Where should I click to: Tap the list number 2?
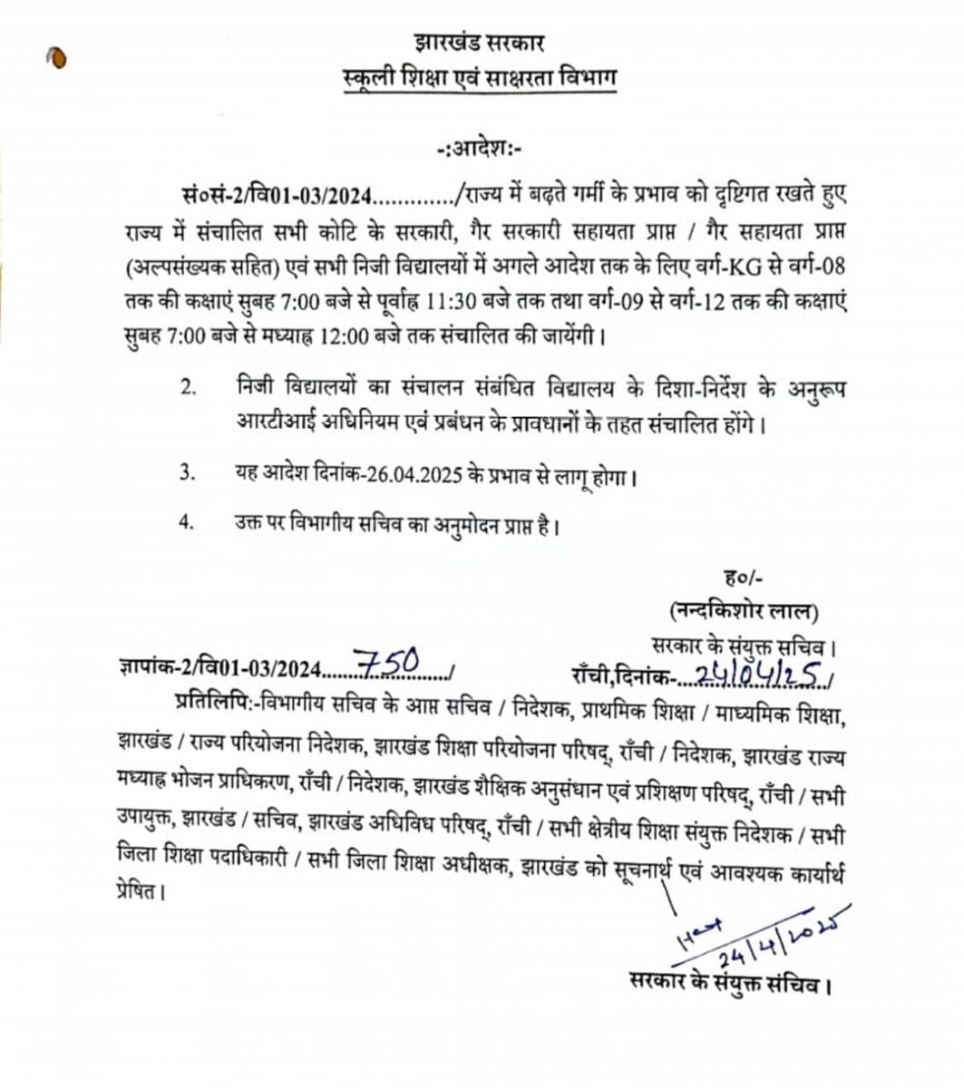pos(188,389)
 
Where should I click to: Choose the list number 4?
pos(188,524)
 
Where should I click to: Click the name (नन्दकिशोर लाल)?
pos(744,611)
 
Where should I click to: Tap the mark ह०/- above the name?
pos(744,577)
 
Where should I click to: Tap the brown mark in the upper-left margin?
pos(57,58)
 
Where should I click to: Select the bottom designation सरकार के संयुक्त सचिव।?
pos(729,982)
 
